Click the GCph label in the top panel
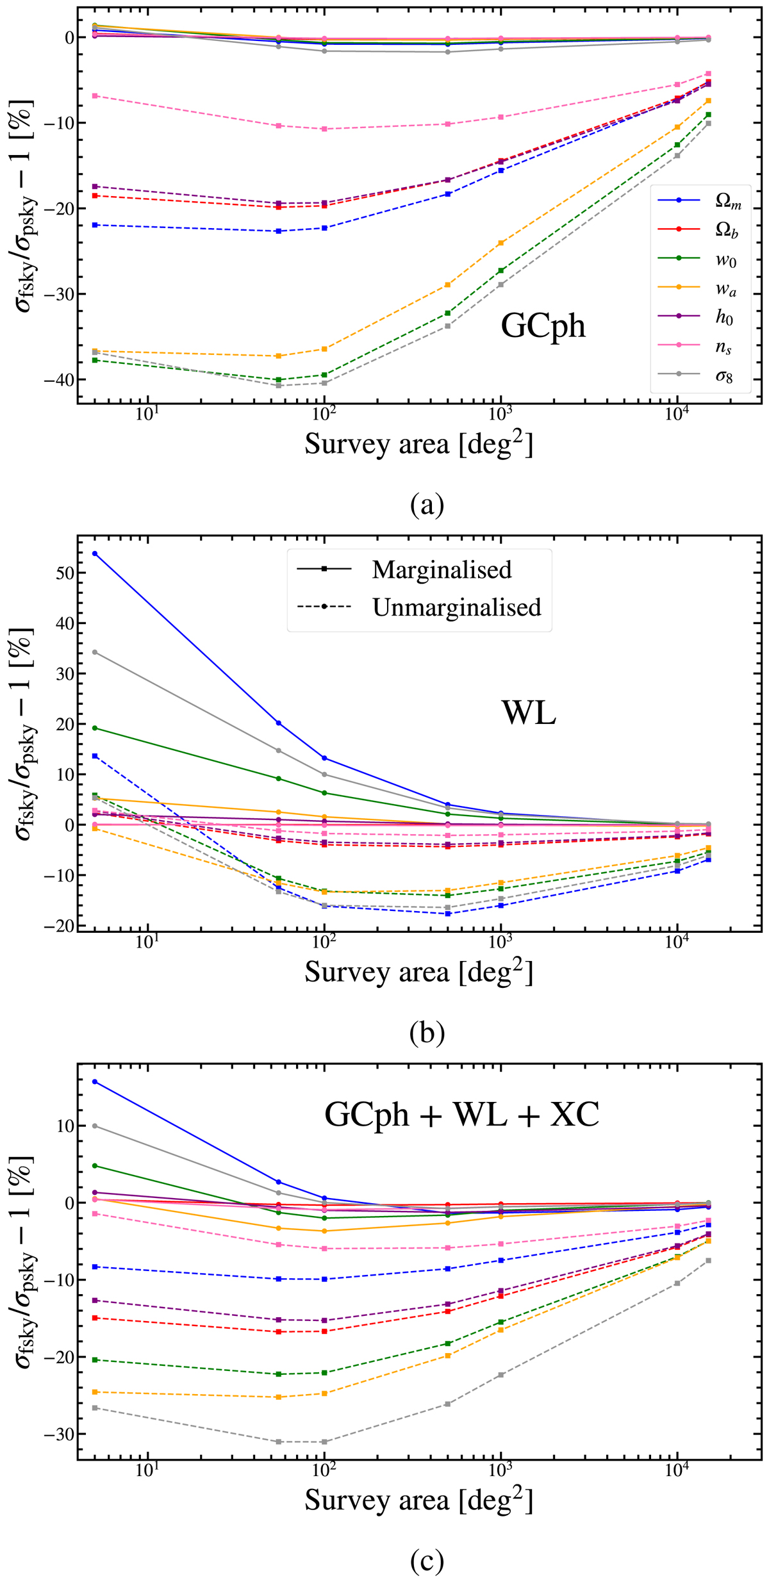coord(543,326)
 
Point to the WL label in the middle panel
coord(529,712)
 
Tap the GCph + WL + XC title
coord(462,1114)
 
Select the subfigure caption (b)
coord(427,1032)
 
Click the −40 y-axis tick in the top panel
coord(56,380)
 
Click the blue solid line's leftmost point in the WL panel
coord(95,554)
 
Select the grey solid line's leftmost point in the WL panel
coord(95,652)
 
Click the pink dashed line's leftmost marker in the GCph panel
coord(95,95)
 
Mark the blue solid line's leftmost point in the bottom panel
coord(95,1082)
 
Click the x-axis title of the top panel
coord(418,444)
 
